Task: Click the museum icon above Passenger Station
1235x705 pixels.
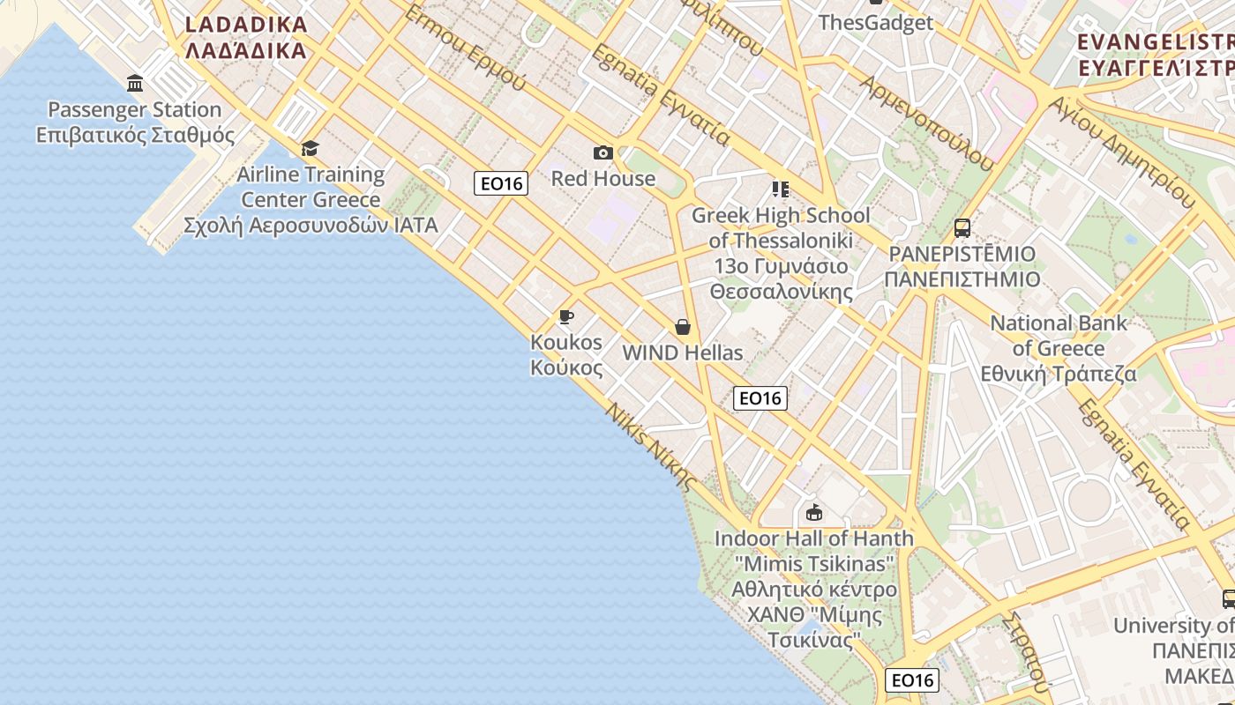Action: coord(135,84)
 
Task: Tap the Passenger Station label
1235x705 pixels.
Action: coord(135,122)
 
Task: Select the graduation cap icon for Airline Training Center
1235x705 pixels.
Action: coord(310,148)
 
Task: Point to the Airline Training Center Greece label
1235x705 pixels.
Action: coord(311,199)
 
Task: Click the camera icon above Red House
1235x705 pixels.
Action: coord(603,153)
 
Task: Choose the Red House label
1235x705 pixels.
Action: coord(603,179)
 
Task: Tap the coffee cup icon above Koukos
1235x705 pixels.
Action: coord(566,316)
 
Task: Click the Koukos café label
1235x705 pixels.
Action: coord(566,354)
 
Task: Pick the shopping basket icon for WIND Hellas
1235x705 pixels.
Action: coord(683,327)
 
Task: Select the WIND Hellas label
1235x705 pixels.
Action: coord(683,352)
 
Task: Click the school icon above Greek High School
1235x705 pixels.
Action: coord(780,189)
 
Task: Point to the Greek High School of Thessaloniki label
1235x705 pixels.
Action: coord(781,253)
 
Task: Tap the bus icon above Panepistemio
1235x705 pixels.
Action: coord(962,228)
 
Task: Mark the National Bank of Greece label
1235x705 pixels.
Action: coord(1059,348)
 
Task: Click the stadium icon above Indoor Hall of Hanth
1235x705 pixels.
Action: coord(814,512)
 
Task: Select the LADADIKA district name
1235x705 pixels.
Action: coord(246,36)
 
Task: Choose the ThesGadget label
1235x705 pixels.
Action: coord(875,22)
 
